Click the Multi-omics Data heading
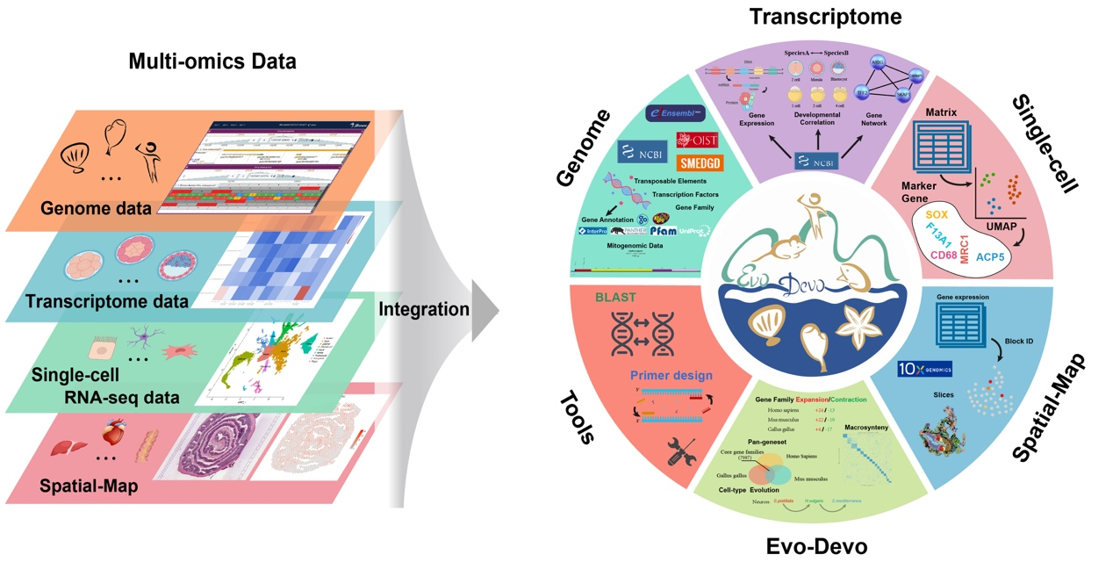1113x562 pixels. pos(212,61)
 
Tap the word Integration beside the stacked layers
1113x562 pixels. pos(424,309)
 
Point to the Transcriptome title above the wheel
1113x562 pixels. pos(825,17)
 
